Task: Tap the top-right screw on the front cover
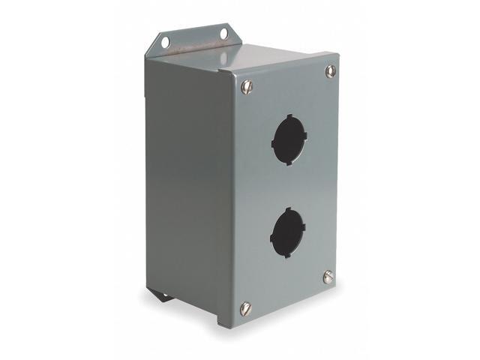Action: click(x=330, y=70)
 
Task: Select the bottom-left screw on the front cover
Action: click(x=244, y=307)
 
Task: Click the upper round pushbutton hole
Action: click(x=288, y=139)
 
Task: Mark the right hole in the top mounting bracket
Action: click(x=223, y=33)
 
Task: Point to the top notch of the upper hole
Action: click(x=289, y=116)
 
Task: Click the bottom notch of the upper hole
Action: click(x=287, y=163)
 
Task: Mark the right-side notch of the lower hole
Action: click(x=305, y=226)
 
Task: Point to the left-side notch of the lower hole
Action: click(x=271, y=237)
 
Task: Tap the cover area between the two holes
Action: click(x=288, y=185)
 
